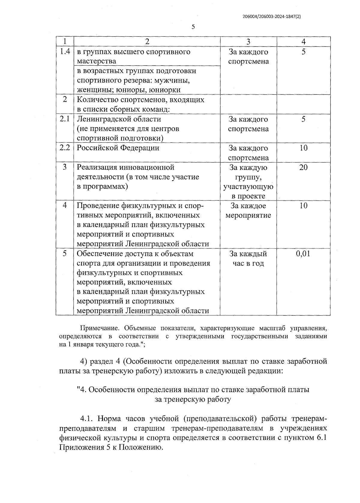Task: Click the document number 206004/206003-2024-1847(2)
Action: point(271,17)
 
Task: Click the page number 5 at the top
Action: point(193,27)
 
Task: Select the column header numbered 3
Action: point(248,42)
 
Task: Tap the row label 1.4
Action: point(65,52)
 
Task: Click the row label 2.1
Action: point(65,119)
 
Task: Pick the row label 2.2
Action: point(65,148)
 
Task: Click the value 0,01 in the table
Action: point(303,254)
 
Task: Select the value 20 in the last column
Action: point(303,167)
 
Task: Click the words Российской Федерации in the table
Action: point(118,148)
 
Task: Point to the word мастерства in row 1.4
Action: point(96,61)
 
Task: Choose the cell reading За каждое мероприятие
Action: point(248,211)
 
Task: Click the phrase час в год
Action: point(248,263)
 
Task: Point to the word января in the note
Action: point(83,344)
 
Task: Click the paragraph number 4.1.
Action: point(87,419)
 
